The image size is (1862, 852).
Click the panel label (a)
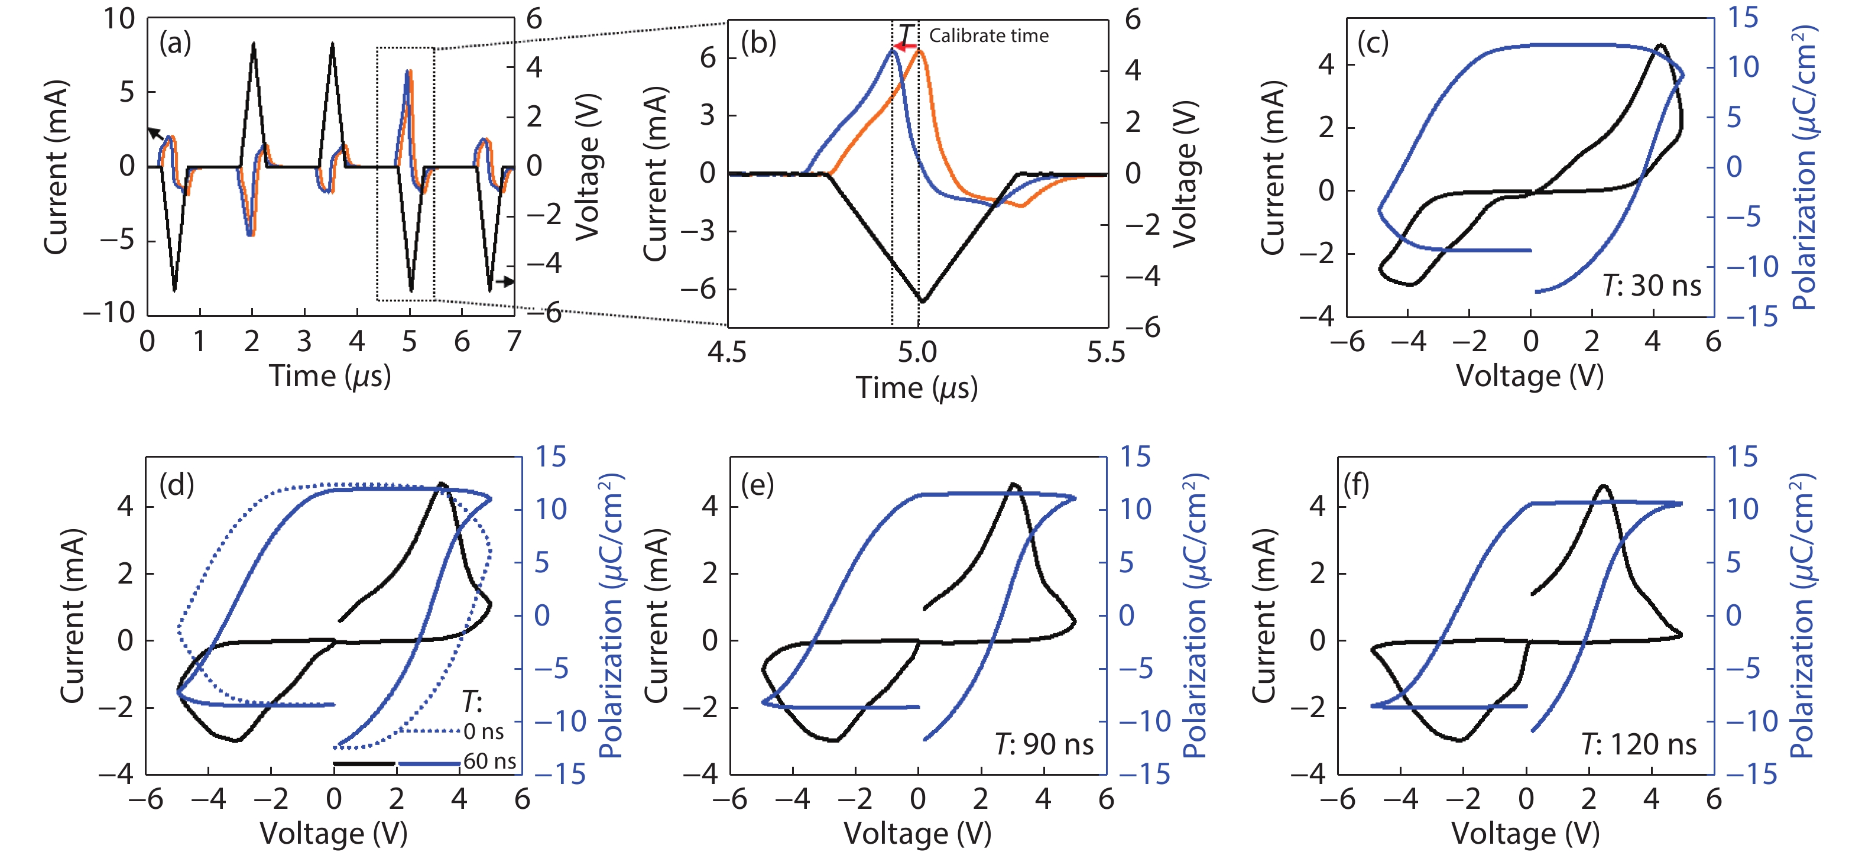point(175,43)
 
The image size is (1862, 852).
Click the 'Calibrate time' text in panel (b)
point(988,35)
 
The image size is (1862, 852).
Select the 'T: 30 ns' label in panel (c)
point(1652,286)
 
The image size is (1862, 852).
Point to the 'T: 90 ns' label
point(1044,744)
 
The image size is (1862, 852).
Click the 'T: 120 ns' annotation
point(1639,744)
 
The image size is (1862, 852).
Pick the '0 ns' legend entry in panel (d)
point(484,732)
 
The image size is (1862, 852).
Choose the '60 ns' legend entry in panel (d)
point(489,762)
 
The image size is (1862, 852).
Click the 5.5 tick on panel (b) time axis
point(1106,353)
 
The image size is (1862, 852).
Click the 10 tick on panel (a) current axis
point(119,19)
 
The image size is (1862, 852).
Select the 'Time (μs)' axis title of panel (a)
point(330,376)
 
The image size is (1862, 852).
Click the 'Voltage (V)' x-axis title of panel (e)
point(917,834)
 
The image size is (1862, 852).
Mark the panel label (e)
point(757,485)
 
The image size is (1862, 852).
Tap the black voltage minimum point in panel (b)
point(922,301)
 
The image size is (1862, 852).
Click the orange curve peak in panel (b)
point(919,49)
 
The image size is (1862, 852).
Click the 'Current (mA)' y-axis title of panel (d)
point(72,615)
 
